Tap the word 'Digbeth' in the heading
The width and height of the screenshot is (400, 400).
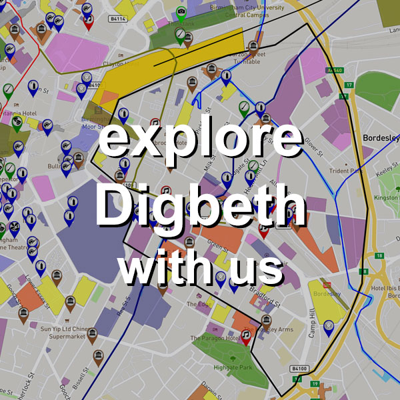pyautogui.click(x=200, y=203)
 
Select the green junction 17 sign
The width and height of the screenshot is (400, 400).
pyautogui.click(x=348, y=85)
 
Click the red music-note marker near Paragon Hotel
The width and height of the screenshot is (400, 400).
pyautogui.click(x=245, y=336)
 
